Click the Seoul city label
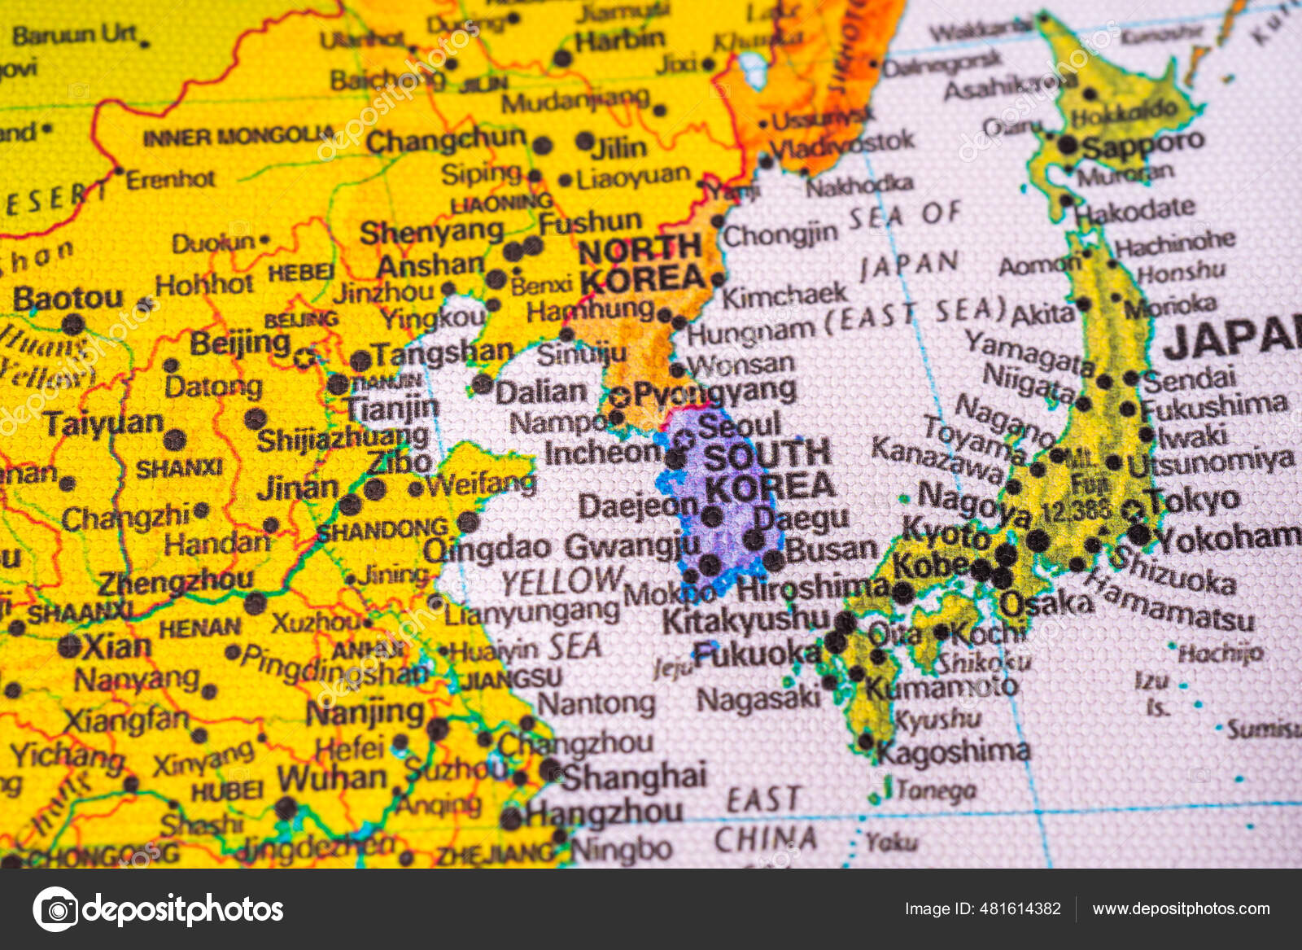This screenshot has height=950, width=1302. (739, 425)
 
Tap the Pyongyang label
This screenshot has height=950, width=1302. (714, 393)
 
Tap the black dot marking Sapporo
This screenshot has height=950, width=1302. (1068, 146)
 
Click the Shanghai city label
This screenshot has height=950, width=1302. (634, 776)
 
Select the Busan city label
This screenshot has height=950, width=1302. (831, 549)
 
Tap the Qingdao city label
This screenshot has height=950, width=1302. (487, 549)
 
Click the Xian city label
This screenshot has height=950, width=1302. (116, 647)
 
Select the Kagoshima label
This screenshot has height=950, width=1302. (953, 751)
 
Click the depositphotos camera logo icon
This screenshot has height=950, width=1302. (55, 908)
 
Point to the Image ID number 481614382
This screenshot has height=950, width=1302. (1020, 908)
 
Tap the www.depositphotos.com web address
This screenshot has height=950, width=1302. (1181, 908)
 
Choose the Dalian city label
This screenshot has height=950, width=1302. (540, 392)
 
